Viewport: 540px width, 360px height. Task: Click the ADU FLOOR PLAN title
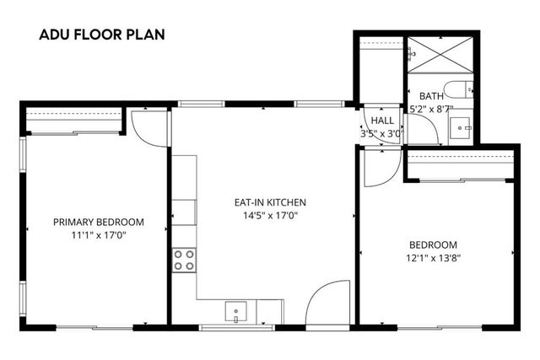point(102,35)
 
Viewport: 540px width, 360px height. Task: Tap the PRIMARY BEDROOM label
point(99,223)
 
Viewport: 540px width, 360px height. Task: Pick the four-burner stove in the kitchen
point(184,260)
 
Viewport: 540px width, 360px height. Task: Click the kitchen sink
point(235,314)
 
